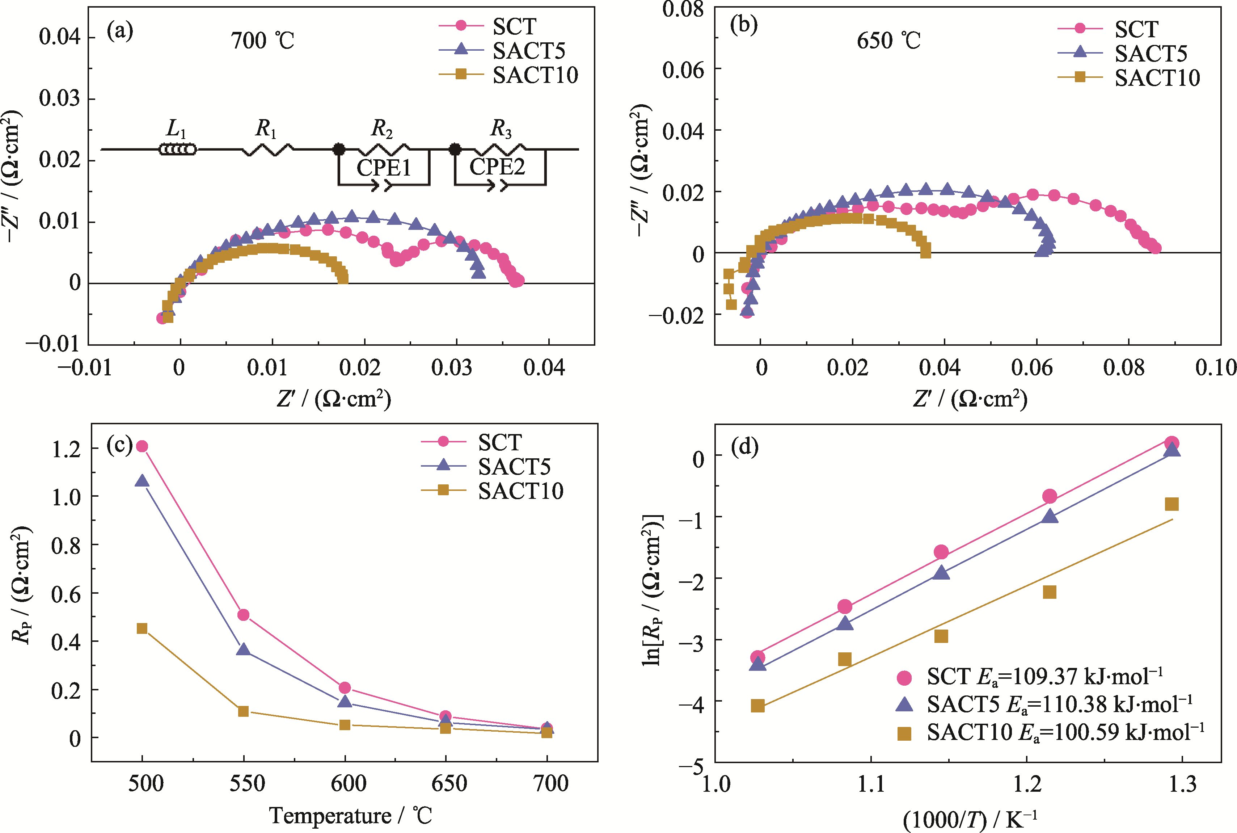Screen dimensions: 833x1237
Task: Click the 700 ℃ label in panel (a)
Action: click(x=262, y=41)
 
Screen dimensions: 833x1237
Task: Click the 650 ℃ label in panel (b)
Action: click(x=888, y=41)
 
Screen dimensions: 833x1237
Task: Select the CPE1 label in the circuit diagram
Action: click(x=384, y=168)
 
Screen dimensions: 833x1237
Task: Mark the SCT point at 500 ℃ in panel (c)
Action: click(x=142, y=446)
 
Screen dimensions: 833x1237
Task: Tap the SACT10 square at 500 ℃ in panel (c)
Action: click(x=142, y=628)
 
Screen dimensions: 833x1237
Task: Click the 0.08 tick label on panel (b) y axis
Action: click(x=683, y=9)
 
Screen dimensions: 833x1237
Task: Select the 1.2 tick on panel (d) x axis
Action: click(x=1027, y=784)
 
